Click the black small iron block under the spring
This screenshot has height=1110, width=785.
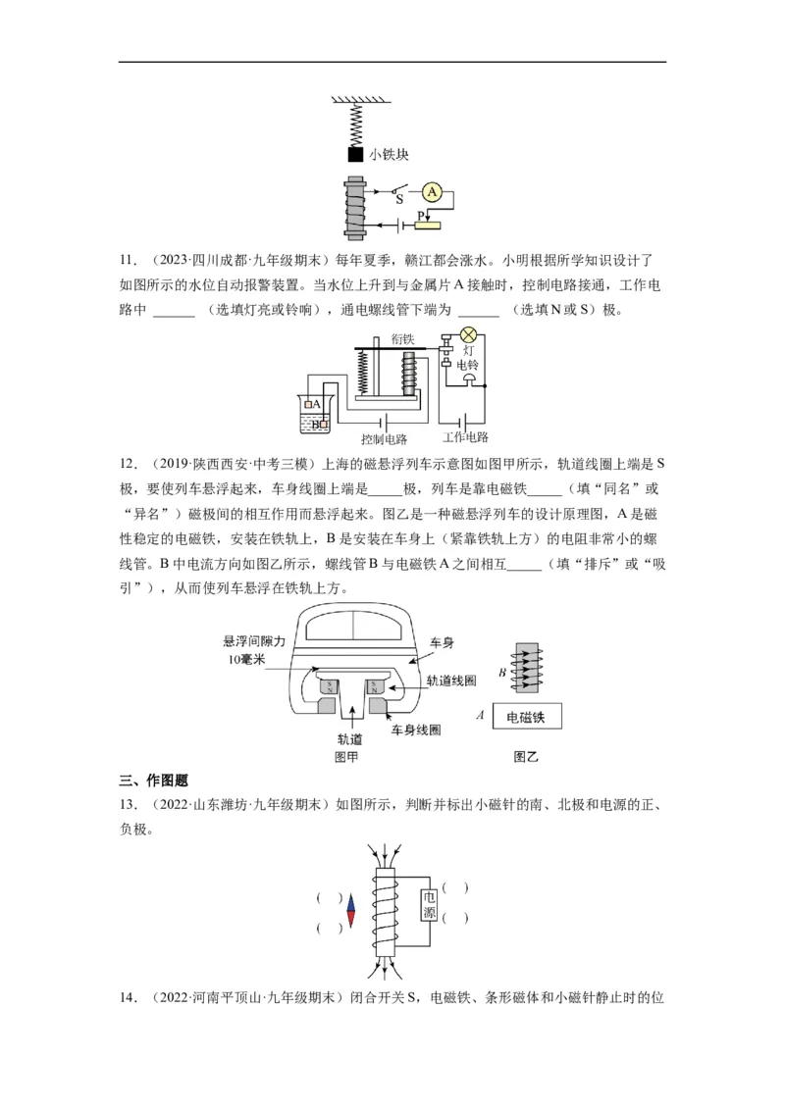click(355, 154)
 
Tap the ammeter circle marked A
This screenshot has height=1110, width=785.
click(432, 192)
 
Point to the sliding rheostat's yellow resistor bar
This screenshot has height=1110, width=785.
click(429, 226)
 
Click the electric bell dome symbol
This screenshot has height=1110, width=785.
click(470, 379)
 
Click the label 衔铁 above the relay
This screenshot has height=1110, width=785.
click(403, 336)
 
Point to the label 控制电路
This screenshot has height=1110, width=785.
click(384, 438)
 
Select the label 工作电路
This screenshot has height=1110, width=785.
click(465, 437)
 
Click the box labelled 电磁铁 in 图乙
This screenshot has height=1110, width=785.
click(532, 718)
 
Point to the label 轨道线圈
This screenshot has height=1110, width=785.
click(450, 679)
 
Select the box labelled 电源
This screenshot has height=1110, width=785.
click(429, 905)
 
